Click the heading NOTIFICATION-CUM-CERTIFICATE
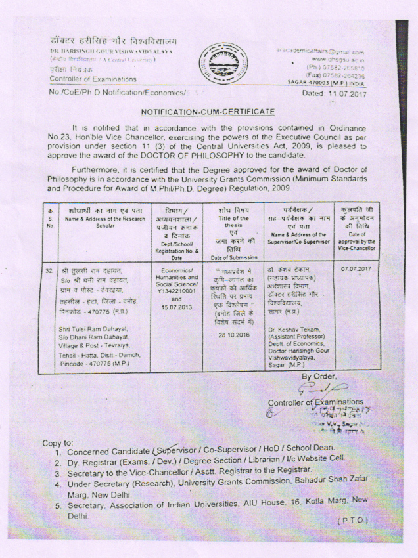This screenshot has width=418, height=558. tap(208, 113)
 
